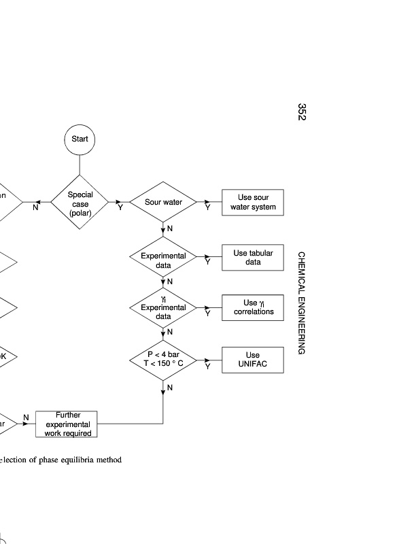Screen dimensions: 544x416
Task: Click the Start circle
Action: click(x=80, y=139)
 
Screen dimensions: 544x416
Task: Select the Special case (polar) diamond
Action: click(x=80, y=201)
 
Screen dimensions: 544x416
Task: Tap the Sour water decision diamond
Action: click(x=163, y=202)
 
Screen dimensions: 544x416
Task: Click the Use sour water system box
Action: click(x=253, y=202)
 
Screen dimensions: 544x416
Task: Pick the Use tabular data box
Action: click(x=253, y=257)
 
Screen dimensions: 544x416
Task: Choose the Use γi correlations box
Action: click(x=253, y=307)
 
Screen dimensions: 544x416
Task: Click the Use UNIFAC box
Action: click(x=253, y=360)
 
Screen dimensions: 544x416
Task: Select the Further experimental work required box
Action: click(x=67, y=424)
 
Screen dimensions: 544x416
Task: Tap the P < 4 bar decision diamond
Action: click(x=163, y=360)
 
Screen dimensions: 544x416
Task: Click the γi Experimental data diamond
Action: click(x=163, y=308)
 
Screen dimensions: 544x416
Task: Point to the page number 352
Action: click(x=302, y=112)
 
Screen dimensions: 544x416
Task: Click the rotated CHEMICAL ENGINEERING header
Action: click(x=302, y=303)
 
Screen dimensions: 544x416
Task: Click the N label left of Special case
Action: click(x=35, y=208)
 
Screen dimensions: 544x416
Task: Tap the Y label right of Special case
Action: click(x=120, y=208)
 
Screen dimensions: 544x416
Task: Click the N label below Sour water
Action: click(x=170, y=228)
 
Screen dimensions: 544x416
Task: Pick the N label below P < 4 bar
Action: click(x=170, y=387)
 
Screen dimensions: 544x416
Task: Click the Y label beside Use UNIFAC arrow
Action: click(x=208, y=367)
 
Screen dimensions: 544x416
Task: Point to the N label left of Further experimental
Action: click(x=26, y=417)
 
